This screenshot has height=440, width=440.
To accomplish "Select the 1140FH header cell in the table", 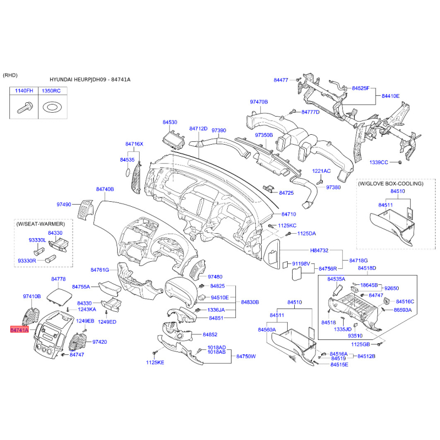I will click(24, 90).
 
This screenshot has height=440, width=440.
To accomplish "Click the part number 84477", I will click(281, 80).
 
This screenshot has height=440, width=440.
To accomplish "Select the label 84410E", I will click(391, 96).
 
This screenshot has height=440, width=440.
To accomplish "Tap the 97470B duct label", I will click(258, 102).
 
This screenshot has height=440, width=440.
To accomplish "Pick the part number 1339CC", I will click(379, 162).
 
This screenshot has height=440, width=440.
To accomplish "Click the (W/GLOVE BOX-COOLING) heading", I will click(390, 183).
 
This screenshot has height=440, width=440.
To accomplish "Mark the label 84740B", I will click(105, 189).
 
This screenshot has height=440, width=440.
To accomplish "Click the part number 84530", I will click(170, 122).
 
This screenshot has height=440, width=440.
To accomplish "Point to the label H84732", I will click(319, 250).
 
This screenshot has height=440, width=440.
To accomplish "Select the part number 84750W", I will click(247, 356).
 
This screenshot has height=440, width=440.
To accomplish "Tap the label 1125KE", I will click(155, 362).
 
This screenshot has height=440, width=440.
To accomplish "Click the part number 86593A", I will click(403, 310).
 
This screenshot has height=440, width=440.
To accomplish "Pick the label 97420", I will click(100, 342).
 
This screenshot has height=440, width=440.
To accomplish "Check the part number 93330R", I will click(26, 260).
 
